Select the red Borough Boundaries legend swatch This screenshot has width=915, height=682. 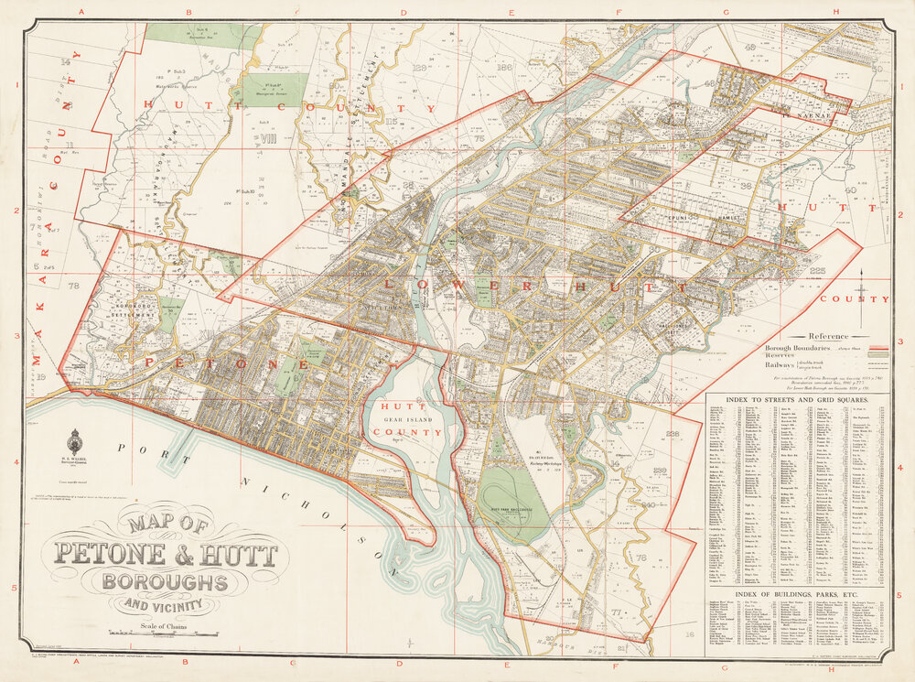click(879, 348)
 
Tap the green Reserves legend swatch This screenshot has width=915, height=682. click(879, 355)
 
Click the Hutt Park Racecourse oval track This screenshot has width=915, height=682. click(513, 503)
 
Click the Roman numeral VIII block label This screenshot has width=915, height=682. click(268, 139)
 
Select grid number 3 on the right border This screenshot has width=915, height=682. click(901, 341)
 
